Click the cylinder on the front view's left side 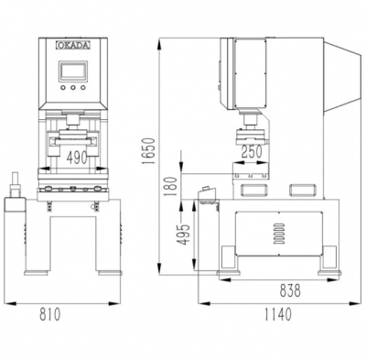[x=16, y=189]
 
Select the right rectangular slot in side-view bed [x=299, y=190]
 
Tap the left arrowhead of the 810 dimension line [x=9, y=302]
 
